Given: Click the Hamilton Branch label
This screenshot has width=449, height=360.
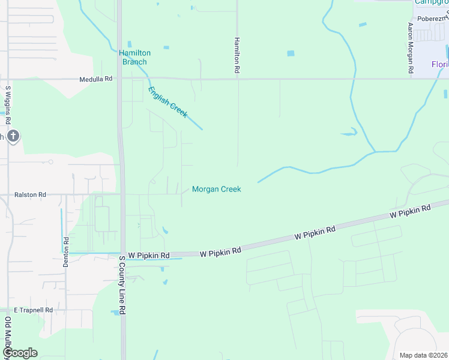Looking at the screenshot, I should (134, 57).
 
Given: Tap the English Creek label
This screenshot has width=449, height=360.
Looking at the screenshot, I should (168, 102).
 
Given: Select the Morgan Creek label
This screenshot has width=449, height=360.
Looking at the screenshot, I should (216, 190).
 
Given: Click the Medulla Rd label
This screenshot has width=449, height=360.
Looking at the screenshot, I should (96, 79).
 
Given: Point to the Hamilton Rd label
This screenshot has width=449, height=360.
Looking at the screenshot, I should (237, 55).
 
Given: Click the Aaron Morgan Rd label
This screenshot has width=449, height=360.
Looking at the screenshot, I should (411, 48).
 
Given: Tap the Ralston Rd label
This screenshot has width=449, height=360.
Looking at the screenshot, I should (30, 195).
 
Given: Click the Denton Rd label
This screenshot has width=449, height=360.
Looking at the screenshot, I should (67, 252).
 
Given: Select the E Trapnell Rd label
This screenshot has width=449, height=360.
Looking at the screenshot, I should (33, 310).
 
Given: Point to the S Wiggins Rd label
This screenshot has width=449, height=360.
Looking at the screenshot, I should (8, 104).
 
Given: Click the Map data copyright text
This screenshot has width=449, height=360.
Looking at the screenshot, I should (424, 355).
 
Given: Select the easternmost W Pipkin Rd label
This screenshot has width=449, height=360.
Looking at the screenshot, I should (410, 211).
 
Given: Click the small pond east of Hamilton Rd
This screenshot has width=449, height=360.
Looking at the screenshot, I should (291, 53).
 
